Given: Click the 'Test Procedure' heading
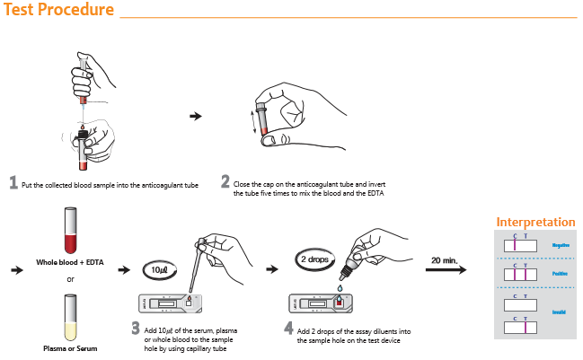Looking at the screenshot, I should pyautogui.click(x=58, y=11).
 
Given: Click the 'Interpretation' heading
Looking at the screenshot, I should pyautogui.click(x=535, y=222).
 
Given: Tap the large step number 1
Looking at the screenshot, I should pyautogui.click(x=13, y=183).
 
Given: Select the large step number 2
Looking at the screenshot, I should pyautogui.click(x=226, y=182).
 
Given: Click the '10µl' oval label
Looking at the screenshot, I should pyautogui.click(x=160, y=268).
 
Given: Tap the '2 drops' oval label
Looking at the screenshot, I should pyautogui.click(x=315, y=260).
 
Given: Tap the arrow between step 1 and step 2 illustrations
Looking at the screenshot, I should pyautogui.click(x=196, y=116).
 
